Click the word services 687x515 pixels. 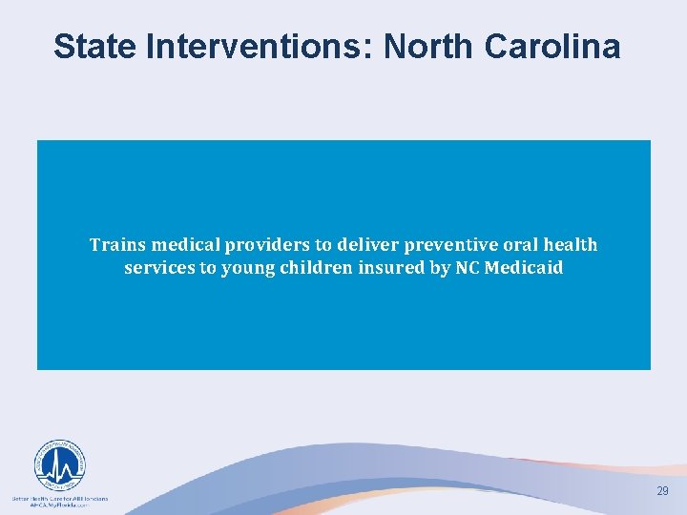click(x=158, y=268)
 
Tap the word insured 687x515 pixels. click(x=393, y=268)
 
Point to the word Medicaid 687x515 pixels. click(x=524, y=268)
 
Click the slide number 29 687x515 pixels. click(x=662, y=490)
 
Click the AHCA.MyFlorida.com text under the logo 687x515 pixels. click(x=59, y=505)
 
